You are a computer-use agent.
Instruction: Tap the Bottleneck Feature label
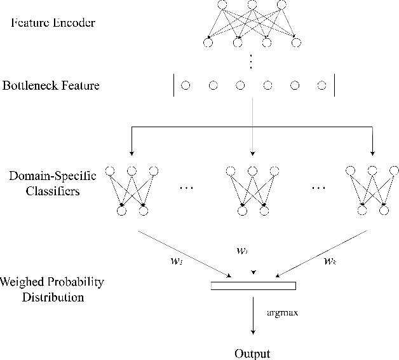[51, 85]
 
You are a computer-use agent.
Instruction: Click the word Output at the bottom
[252, 353]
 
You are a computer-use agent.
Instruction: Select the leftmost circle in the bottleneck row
[186, 85]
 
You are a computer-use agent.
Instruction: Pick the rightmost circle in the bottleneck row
[322, 85]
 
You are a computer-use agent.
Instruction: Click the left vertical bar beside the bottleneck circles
[173, 85]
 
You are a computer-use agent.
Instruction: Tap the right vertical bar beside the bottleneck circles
[334, 85]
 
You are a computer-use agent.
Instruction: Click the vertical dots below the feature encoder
[252, 61]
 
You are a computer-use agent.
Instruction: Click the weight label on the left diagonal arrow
[180, 261]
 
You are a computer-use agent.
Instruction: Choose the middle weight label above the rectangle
[241, 251]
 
